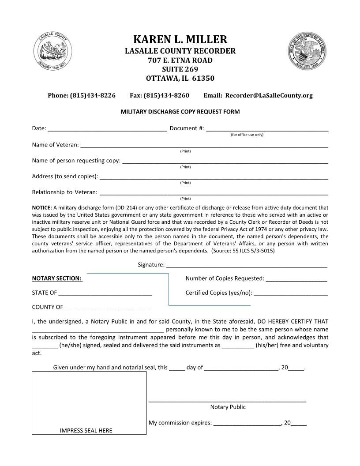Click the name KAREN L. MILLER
[180, 39]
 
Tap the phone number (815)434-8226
[93, 95]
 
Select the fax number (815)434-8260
[166, 95]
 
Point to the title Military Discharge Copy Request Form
[180, 112]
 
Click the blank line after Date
[107, 129]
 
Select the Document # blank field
[267, 129]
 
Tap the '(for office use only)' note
[247, 135]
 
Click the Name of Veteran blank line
[204, 145]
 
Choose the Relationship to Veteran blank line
[214, 192]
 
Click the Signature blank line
[247, 266]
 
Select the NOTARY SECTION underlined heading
[57, 278]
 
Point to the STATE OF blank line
[105, 293]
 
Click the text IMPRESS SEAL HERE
[86, 431]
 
